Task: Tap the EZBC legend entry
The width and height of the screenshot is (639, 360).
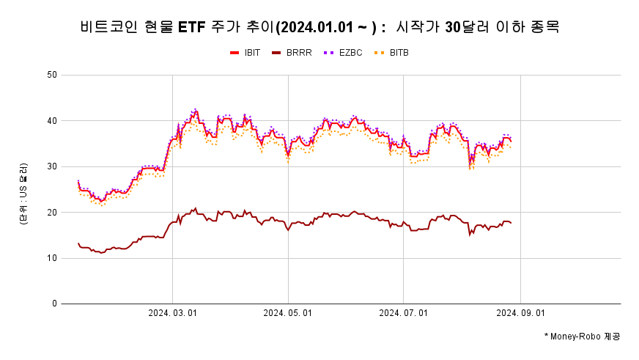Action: pyautogui.click(x=347, y=53)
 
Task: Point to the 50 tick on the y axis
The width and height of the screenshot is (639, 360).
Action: pyautogui.click(x=51, y=75)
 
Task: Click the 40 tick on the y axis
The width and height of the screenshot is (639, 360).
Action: pyautogui.click(x=51, y=120)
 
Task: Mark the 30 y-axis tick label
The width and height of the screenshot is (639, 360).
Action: pyautogui.click(x=51, y=166)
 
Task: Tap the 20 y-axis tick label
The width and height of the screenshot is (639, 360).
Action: pyautogui.click(x=51, y=212)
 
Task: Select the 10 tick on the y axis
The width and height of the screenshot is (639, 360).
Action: pyautogui.click(x=51, y=258)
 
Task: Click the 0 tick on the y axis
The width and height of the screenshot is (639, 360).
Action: pyautogui.click(x=54, y=304)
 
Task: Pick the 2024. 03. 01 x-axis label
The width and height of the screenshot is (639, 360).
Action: pyautogui.click(x=172, y=313)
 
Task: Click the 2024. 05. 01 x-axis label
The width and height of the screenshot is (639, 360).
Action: pyautogui.click(x=288, y=313)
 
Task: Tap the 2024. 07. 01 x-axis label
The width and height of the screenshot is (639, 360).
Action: pyautogui.click(x=404, y=313)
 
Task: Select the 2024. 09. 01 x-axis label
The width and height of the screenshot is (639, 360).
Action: pyautogui.click(x=520, y=313)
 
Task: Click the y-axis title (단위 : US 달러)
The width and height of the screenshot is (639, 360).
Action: pyautogui.click(x=24, y=194)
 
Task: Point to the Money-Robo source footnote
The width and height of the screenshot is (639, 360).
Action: pyautogui.click(x=582, y=336)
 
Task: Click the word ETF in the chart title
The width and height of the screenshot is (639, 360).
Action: pyautogui.click(x=192, y=28)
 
